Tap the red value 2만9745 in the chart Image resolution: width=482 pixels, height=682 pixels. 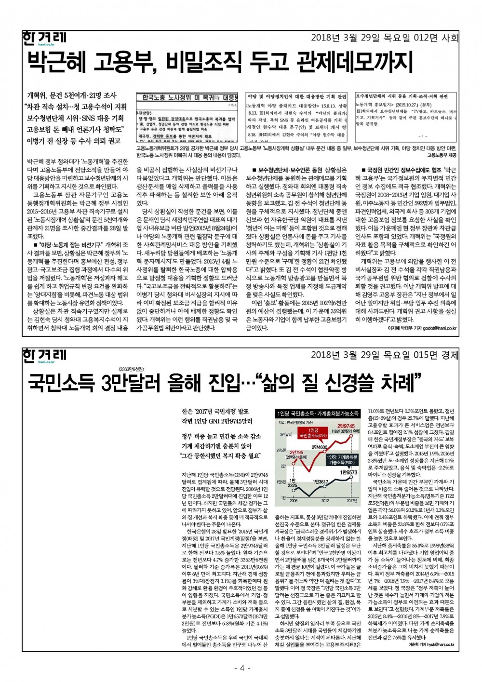(346, 426)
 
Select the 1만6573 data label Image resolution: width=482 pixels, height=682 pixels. (348, 473)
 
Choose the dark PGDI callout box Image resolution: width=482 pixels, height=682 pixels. (342, 459)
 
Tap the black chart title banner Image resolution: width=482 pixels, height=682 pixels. (318, 414)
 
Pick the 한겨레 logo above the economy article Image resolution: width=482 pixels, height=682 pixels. (45, 355)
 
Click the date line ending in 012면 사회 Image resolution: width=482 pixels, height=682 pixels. (384, 37)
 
